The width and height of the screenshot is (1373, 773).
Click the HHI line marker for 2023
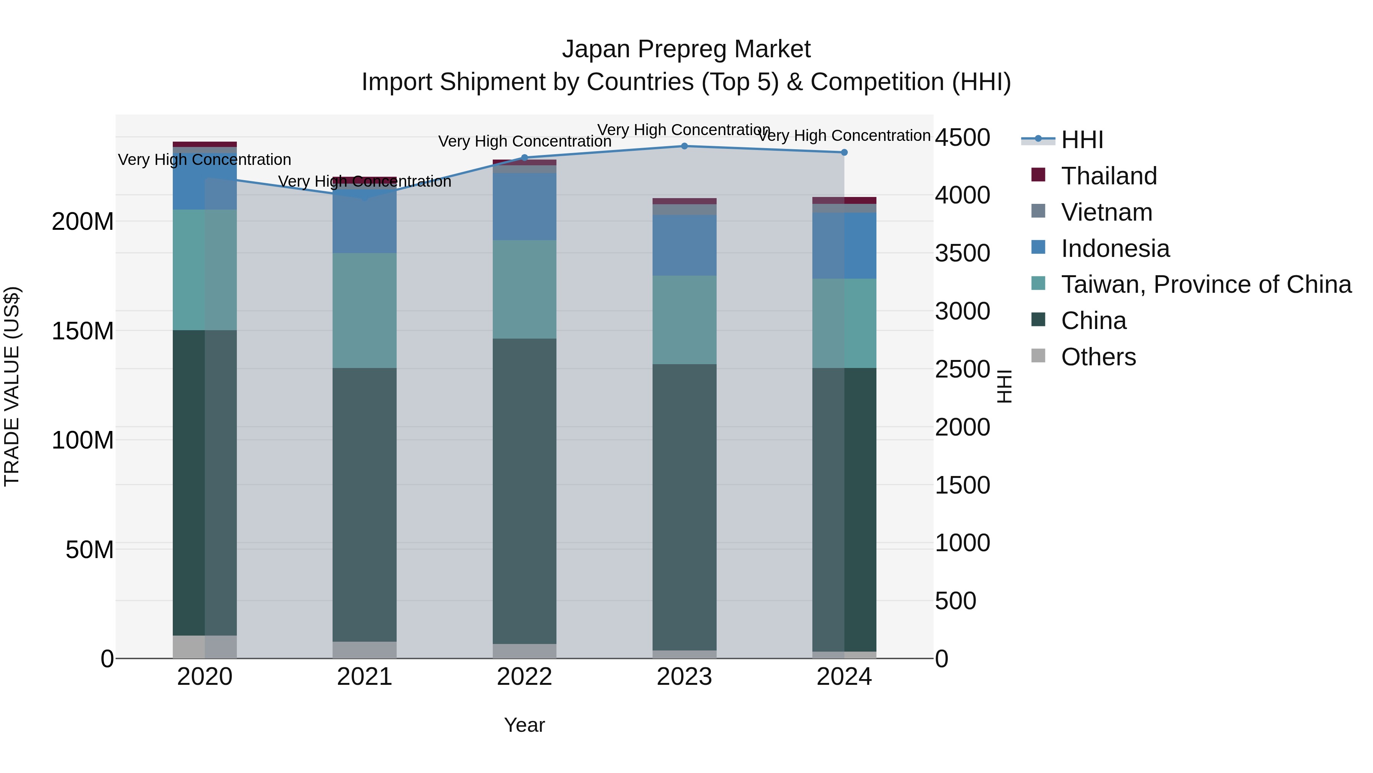(x=684, y=146)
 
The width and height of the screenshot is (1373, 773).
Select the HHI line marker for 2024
(x=844, y=153)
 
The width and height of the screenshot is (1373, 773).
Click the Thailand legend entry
(x=1109, y=176)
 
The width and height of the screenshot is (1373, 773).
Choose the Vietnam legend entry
(x=1106, y=212)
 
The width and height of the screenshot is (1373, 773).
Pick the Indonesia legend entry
(x=1115, y=249)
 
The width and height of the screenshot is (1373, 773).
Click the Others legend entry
(x=1098, y=357)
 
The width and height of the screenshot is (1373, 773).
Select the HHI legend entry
(x=1082, y=140)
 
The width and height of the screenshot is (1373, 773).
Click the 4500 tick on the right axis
(x=963, y=138)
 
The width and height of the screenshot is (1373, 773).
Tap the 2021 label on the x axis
(x=365, y=677)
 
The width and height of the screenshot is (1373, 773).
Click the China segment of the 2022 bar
(x=524, y=491)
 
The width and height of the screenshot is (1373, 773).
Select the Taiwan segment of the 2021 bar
(x=365, y=310)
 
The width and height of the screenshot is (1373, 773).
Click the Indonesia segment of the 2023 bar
(x=684, y=245)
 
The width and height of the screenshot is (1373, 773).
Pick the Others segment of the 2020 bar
(x=205, y=647)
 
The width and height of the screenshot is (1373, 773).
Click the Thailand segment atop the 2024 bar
(x=844, y=200)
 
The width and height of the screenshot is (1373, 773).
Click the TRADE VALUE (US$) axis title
(x=12, y=387)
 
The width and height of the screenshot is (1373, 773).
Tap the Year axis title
(x=524, y=725)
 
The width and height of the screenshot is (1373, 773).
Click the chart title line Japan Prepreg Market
(x=686, y=49)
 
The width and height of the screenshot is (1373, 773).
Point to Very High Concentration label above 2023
(x=684, y=130)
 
